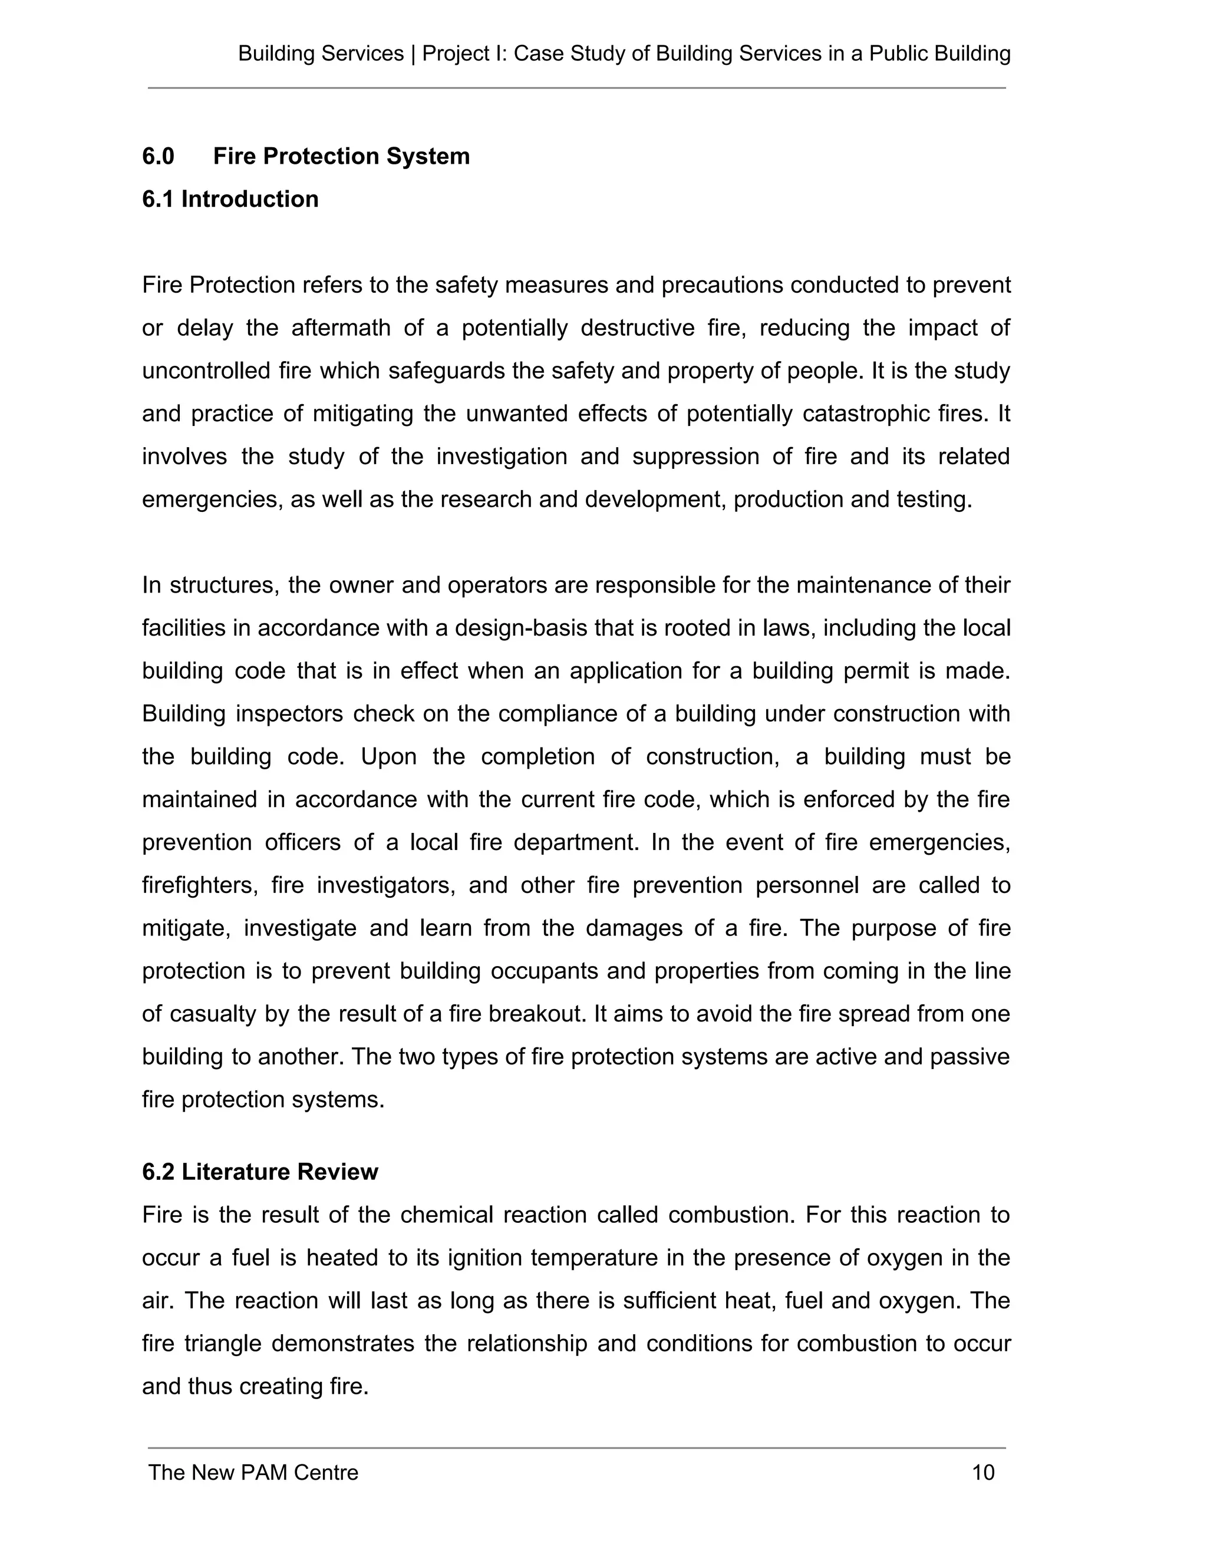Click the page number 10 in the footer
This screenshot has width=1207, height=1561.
(x=983, y=1473)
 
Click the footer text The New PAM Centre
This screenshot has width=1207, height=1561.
(x=253, y=1473)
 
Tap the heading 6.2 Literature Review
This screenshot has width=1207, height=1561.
(x=259, y=1172)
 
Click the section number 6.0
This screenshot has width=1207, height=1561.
(x=158, y=156)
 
